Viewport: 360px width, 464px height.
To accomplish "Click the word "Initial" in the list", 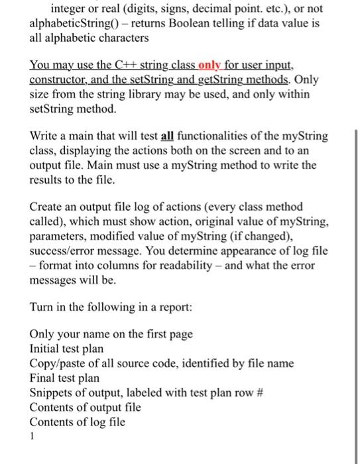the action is point(46,349).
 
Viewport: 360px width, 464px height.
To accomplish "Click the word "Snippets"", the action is point(52,392).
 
